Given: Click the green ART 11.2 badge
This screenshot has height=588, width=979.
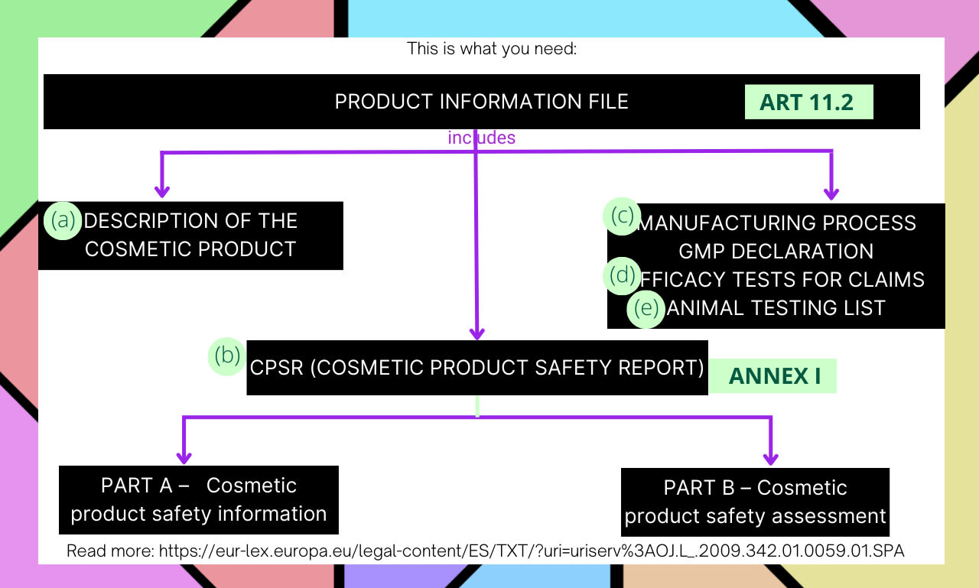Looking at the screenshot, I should point(808,102).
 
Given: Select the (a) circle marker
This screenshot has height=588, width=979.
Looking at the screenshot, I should point(64,221).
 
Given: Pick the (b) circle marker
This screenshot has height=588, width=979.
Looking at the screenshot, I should point(227,356).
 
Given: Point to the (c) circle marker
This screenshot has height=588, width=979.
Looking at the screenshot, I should point(623,216).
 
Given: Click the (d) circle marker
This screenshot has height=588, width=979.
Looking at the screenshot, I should point(623,275).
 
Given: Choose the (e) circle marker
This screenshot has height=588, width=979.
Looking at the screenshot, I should point(646,309).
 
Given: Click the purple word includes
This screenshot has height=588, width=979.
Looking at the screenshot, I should point(481,138).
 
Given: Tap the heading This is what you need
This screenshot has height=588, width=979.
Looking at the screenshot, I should point(491,49).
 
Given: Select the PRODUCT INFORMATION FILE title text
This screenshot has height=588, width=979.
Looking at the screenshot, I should point(482,102).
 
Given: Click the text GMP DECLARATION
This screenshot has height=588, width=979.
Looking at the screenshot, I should point(776,252).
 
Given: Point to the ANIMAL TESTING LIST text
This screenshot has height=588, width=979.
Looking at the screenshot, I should point(776,307).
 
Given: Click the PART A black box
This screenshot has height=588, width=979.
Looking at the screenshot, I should point(198,499).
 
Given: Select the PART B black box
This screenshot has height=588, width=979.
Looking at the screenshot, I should point(755,502).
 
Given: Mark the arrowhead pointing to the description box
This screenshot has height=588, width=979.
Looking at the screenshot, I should point(161,190).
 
